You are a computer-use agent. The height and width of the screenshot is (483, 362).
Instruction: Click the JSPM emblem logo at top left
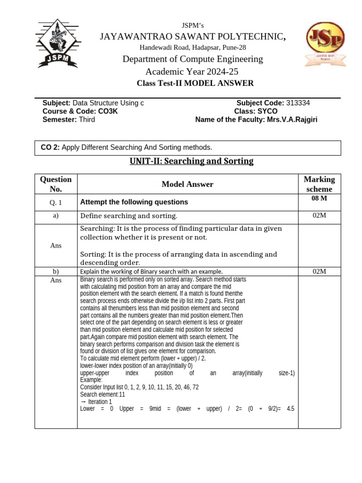coord(56,43)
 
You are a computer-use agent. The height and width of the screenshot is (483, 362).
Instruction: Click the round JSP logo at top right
coord(325,44)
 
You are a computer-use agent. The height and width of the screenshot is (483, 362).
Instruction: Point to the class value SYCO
coord(267,111)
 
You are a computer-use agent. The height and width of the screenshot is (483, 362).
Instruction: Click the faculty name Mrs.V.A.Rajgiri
coord(292,119)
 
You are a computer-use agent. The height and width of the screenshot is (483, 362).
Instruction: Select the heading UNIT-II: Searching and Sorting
coord(191,161)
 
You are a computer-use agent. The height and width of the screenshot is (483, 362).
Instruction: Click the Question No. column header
coord(56,184)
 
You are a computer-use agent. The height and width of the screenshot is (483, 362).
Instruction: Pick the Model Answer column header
coord(187,184)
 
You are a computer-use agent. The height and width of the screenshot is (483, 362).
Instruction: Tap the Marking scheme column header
coord(319,184)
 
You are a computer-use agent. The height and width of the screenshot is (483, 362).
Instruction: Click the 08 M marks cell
coord(319,199)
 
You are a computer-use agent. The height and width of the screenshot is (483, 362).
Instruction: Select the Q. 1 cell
coord(56,202)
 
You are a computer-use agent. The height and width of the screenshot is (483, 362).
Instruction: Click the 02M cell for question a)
coord(319,216)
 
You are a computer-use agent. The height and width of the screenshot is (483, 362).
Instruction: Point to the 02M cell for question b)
coord(319,271)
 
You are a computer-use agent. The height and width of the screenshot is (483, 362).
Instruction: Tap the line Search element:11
coord(102,394)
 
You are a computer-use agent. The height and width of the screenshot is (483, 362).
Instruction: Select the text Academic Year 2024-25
coord(192,72)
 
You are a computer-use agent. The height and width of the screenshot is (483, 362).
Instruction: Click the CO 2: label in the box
coord(50,148)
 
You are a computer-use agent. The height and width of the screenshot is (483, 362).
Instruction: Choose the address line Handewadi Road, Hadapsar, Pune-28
coord(192,47)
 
